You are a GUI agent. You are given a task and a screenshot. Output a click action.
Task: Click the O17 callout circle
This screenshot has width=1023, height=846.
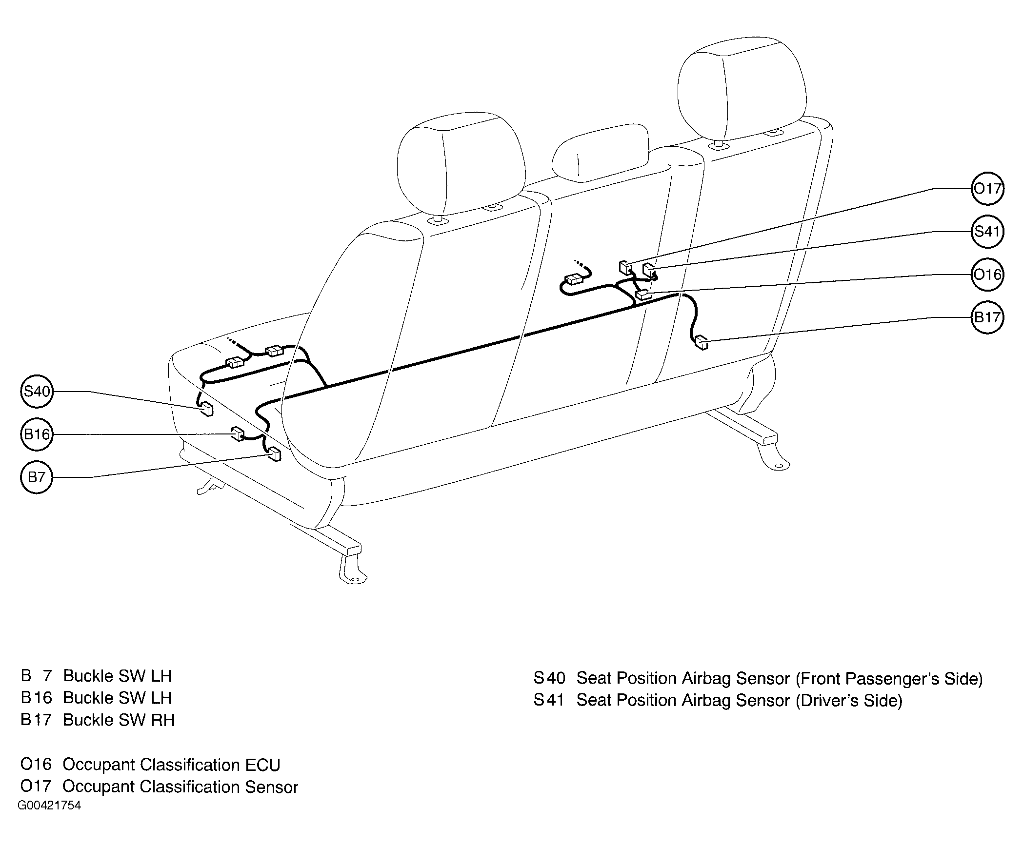pyautogui.click(x=987, y=189)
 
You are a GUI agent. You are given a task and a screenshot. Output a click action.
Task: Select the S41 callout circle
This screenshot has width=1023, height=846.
pyautogui.click(x=987, y=231)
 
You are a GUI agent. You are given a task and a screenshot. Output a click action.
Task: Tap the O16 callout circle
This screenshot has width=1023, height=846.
pyautogui.click(x=987, y=275)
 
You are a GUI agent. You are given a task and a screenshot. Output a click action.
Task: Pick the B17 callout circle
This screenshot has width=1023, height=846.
pyautogui.click(x=987, y=317)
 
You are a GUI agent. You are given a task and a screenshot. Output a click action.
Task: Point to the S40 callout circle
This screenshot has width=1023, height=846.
pyautogui.click(x=37, y=391)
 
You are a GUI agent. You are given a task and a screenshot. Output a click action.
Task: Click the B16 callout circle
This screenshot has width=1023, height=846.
pyautogui.click(x=37, y=434)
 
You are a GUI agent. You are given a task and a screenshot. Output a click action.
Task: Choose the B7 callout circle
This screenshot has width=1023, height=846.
pyautogui.click(x=37, y=477)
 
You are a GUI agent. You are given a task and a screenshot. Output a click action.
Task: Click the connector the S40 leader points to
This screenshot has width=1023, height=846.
pyautogui.click(x=207, y=409)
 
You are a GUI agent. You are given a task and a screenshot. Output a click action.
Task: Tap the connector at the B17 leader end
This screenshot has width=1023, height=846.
pyautogui.click(x=702, y=342)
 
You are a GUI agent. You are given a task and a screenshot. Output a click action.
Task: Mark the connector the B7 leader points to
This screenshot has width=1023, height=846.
pyautogui.click(x=275, y=454)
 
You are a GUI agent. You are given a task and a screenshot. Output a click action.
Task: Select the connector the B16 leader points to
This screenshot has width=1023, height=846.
pyautogui.click(x=238, y=433)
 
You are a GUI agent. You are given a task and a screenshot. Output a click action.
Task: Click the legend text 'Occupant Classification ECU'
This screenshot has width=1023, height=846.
pyautogui.click(x=171, y=765)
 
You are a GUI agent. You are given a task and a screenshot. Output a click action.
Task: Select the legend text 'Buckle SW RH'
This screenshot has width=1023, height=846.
pyautogui.click(x=119, y=720)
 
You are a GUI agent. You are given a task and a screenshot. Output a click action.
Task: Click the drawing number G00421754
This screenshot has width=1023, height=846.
pyautogui.click(x=49, y=805)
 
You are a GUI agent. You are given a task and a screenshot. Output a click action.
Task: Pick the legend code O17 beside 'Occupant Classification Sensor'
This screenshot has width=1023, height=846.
pyautogui.click(x=36, y=787)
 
